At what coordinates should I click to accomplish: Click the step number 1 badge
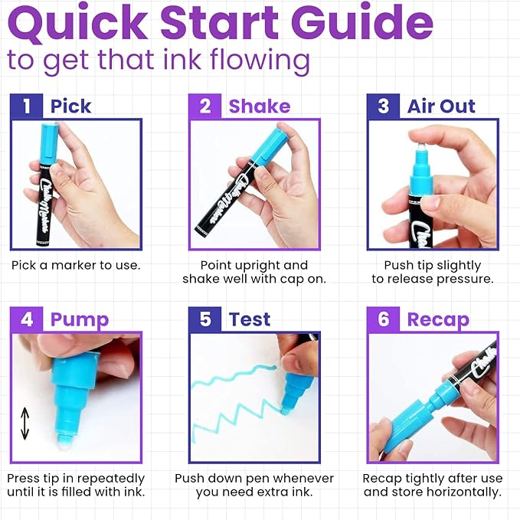[27, 106]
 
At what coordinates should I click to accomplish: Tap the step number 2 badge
[205, 106]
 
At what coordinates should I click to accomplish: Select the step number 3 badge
[384, 106]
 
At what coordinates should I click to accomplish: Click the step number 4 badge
[27, 319]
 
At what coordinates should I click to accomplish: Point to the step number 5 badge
[205, 319]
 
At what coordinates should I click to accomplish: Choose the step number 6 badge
[384, 319]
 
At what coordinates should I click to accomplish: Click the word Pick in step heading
[70, 106]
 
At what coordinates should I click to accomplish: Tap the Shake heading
[259, 106]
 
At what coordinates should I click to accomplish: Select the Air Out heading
[441, 106]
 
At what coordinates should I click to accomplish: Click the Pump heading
[80, 319]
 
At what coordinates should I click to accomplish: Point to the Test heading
[250, 319]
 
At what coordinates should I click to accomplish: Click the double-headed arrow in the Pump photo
[25, 423]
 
